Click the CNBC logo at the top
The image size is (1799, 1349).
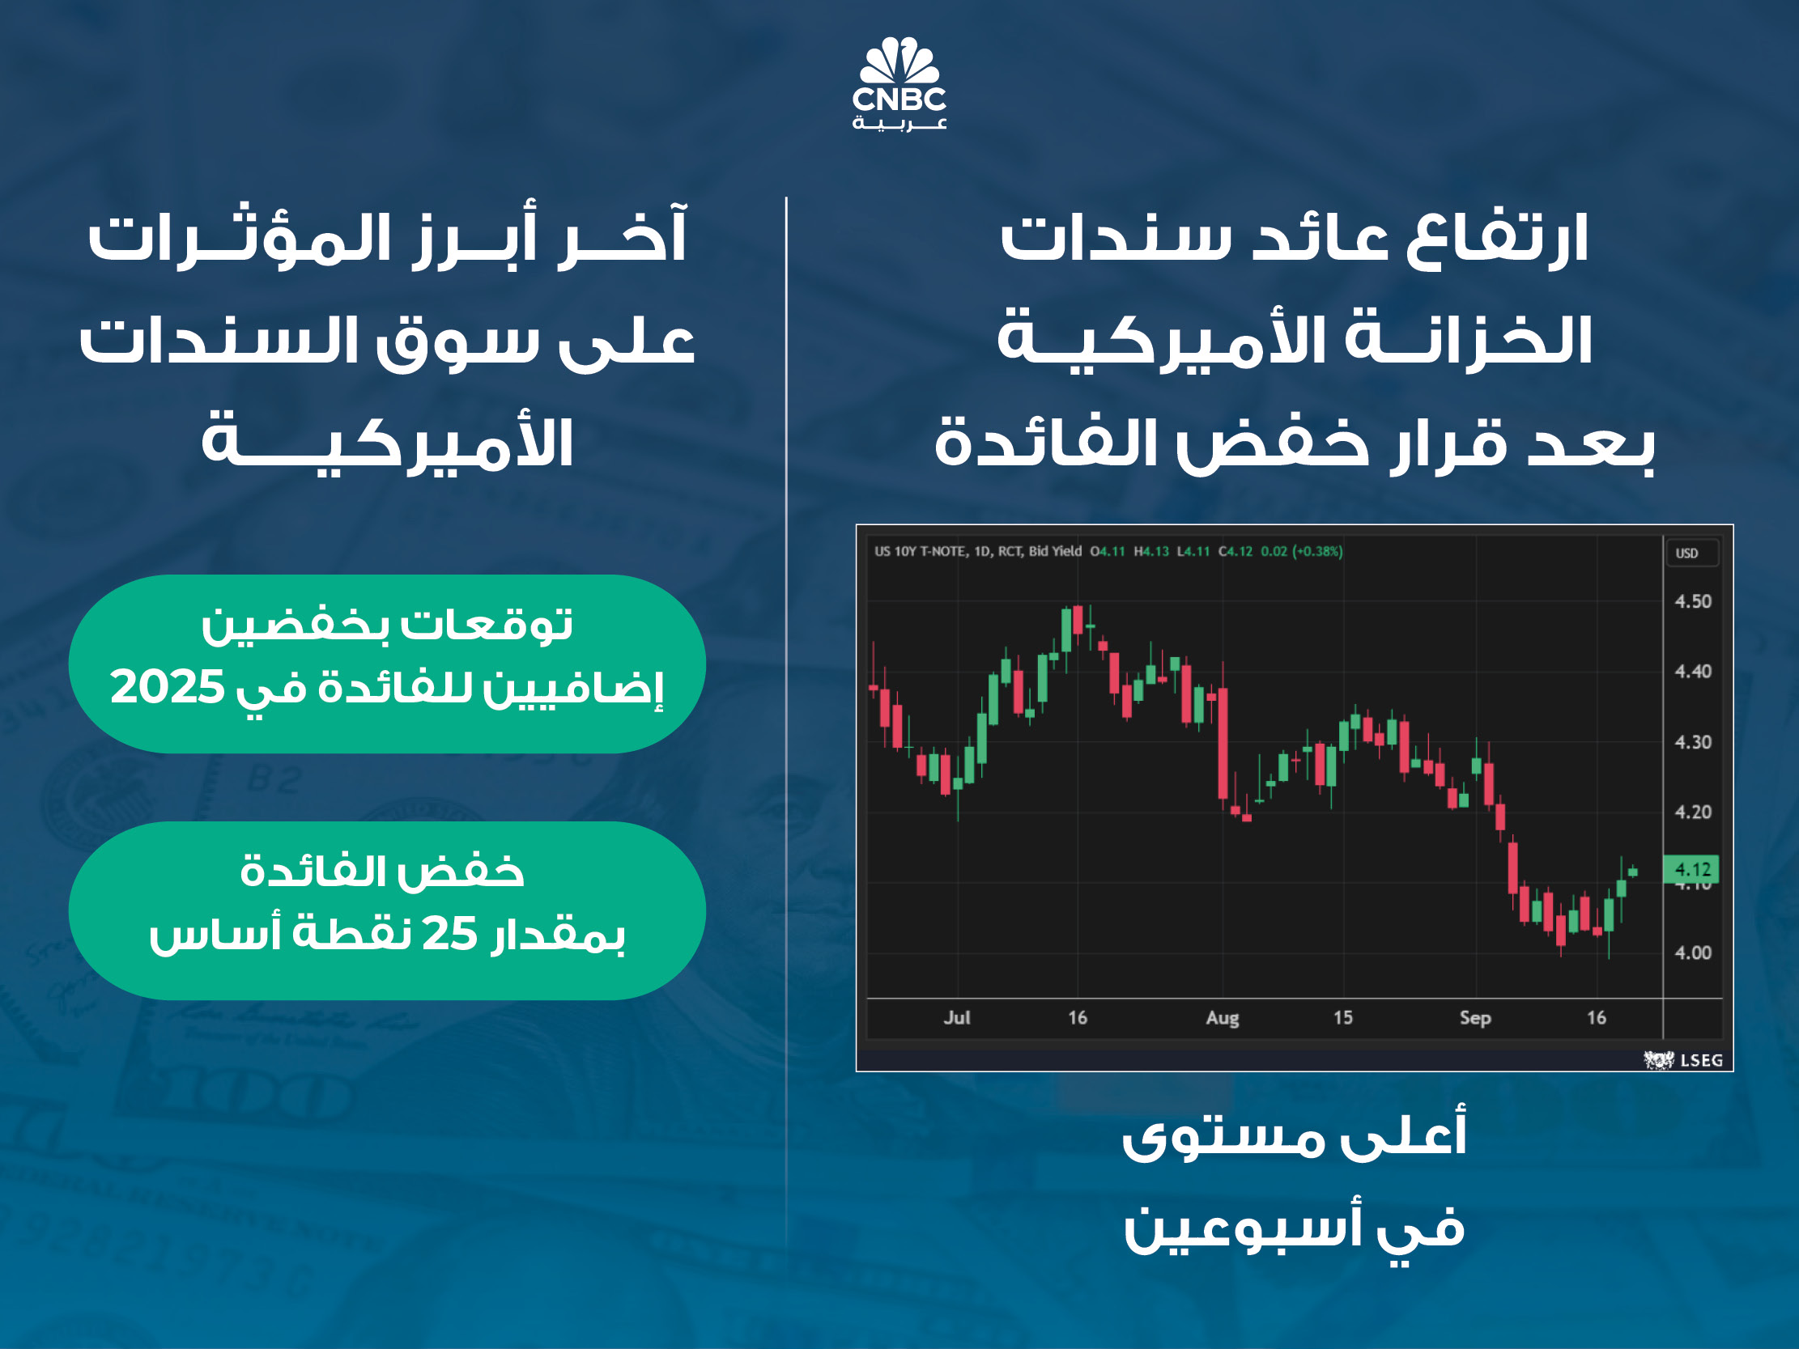tap(899, 83)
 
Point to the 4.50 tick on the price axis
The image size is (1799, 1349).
tap(1693, 602)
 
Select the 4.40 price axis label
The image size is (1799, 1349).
tap(1693, 672)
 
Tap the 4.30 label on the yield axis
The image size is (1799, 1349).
tap(1693, 742)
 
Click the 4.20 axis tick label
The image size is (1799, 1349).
tap(1693, 812)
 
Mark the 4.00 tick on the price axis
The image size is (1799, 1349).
tap(1693, 953)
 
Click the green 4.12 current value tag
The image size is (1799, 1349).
tap(1691, 870)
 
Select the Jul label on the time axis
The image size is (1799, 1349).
tap(957, 1018)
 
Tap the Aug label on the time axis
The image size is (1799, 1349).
tap(1223, 1018)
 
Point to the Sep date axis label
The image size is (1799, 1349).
tap(1475, 1018)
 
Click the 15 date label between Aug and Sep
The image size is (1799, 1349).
tap(1342, 1018)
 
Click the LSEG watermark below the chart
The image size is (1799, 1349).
tap(1682, 1060)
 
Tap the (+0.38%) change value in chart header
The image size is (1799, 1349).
tap(1317, 551)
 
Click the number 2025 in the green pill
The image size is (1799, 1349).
tap(167, 687)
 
